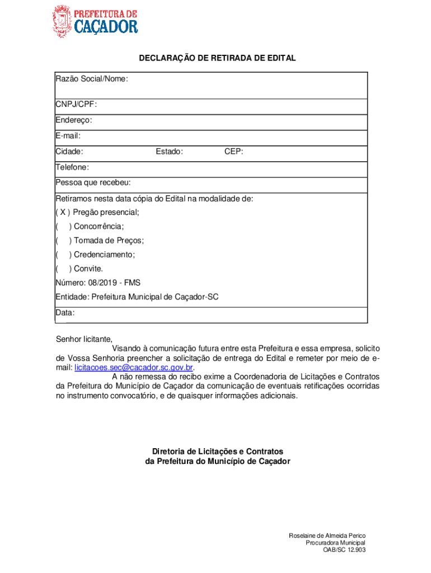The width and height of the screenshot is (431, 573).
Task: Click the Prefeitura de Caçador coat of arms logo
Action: [62, 21]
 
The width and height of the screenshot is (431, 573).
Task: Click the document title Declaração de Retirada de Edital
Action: [217, 58]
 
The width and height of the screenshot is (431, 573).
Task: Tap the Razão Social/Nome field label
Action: [92, 79]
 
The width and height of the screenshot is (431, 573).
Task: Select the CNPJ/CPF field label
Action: [72, 104]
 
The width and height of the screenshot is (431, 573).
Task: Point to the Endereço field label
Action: [74, 120]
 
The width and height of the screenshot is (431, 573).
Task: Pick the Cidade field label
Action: [69, 151]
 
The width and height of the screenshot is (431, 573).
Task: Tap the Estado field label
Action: [169, 151]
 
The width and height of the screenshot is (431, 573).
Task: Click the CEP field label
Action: [233, 151]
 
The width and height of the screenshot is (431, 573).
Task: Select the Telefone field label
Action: [72, 167]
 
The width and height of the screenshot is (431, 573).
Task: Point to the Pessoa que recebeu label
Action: [93, 182]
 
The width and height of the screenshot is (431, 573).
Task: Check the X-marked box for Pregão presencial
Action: [62, 212]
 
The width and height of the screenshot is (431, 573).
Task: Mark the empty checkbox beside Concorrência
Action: [62, 226]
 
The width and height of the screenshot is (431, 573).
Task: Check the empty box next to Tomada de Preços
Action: [62, 241]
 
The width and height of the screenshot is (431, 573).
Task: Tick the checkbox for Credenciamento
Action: [62, 255]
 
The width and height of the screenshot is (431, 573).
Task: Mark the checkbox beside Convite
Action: [62, 269]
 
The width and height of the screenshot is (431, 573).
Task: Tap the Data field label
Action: [65, 313]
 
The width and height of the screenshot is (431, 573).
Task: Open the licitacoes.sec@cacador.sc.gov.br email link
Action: [134, 368]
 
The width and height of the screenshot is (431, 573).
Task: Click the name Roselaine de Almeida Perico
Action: [327, 536]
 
